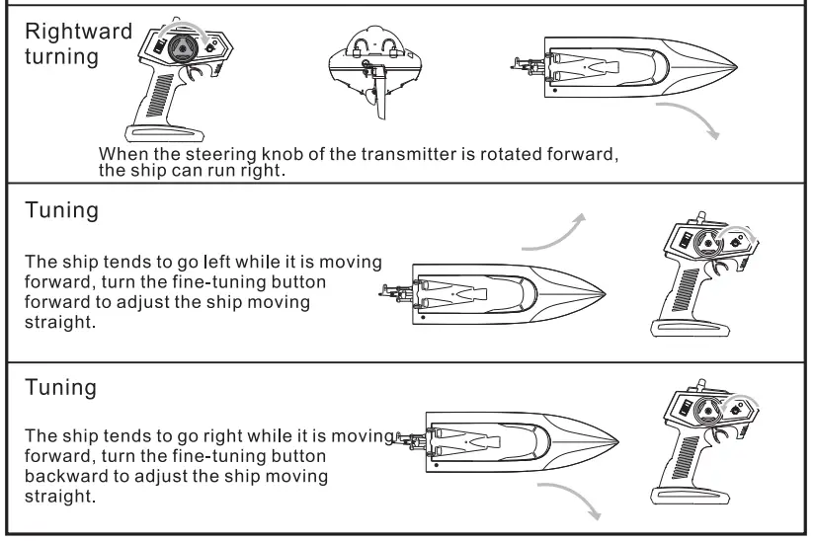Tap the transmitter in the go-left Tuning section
[703, 272]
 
